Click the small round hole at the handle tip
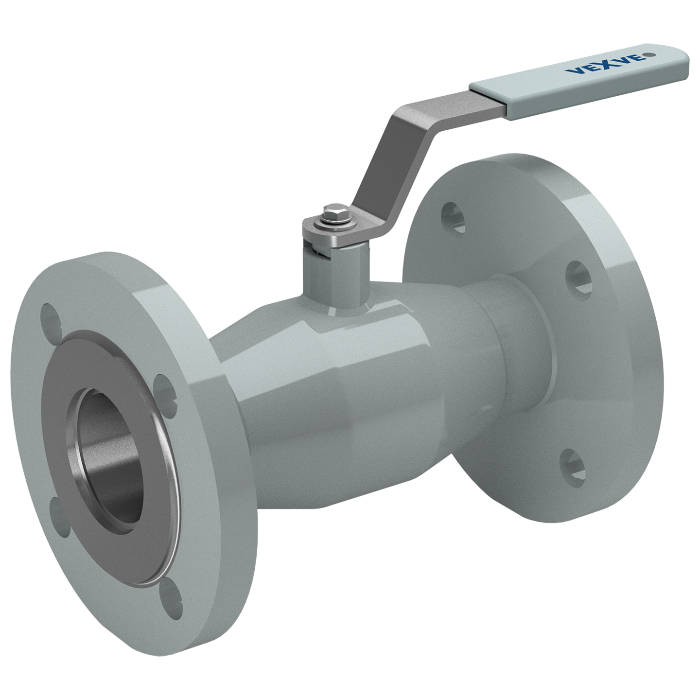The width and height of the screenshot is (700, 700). click(x=652, y=55)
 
